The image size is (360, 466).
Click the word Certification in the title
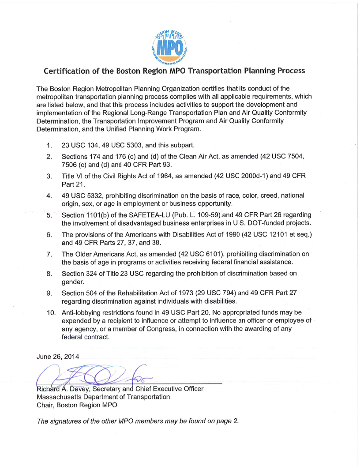coord(64,71)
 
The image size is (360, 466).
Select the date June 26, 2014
coord(58,357)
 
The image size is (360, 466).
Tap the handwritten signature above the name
coord(88,376)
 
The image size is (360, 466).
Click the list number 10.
coord(51,313)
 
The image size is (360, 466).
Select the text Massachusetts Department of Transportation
coord(103,397)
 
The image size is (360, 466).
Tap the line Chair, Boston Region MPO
coord(77,405)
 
